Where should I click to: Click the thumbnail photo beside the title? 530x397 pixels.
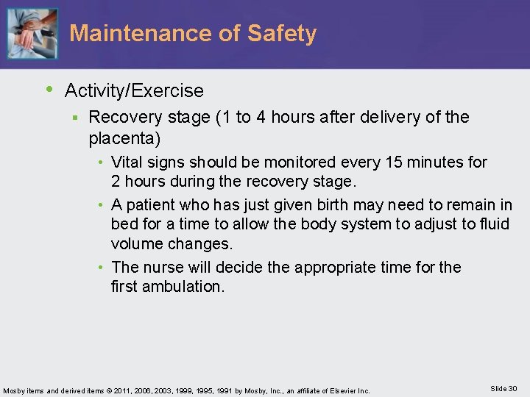pyautogui.click(x=32, y=34)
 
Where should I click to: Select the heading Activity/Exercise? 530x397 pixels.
pyautogui.click(x=134, y=91)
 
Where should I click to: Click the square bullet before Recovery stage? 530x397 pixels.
pyautogui.click(x=75, y=118)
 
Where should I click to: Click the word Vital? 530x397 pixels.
pyautogui.click(x=127, y=162)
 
